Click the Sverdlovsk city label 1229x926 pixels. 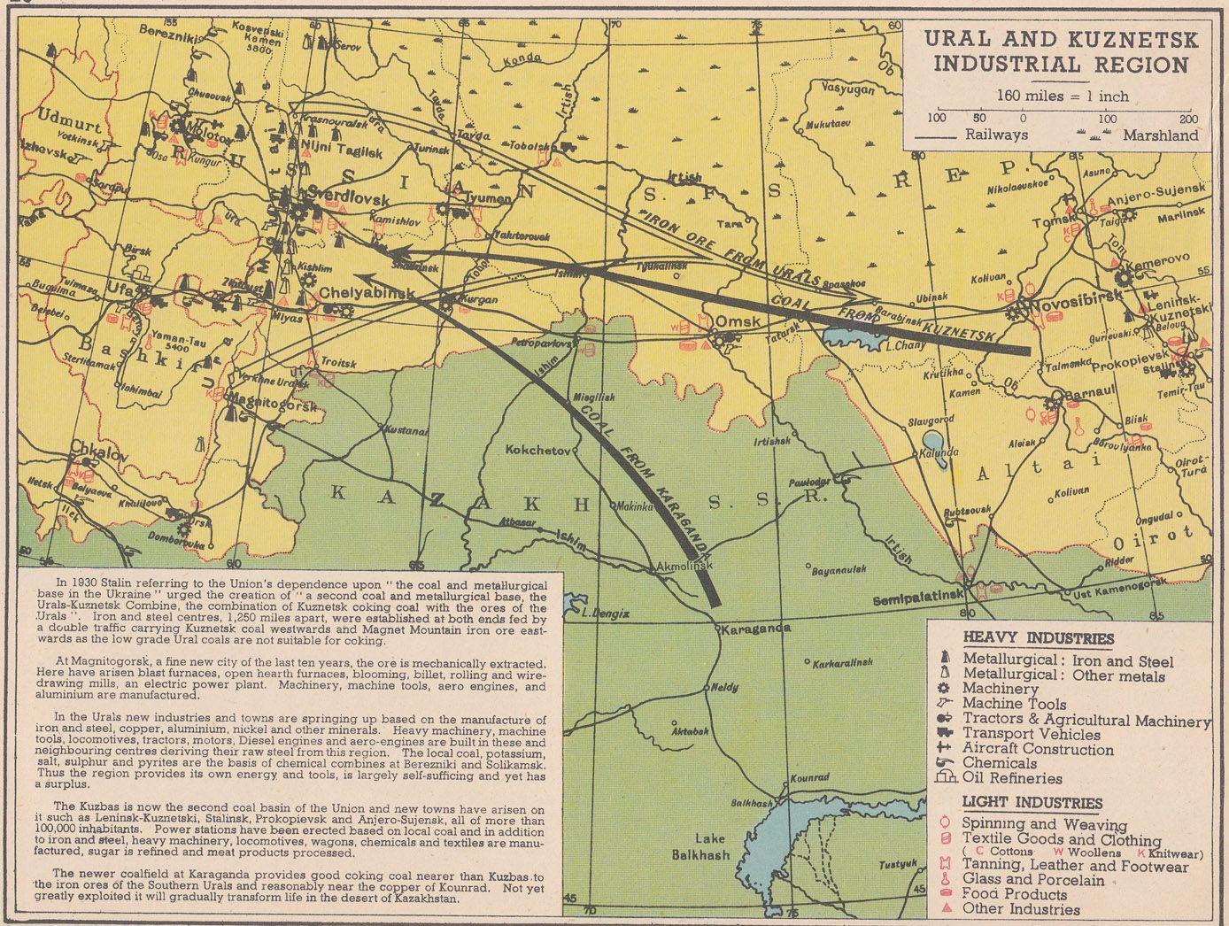point(344,191)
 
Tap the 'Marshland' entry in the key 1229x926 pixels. point(1160,135)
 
